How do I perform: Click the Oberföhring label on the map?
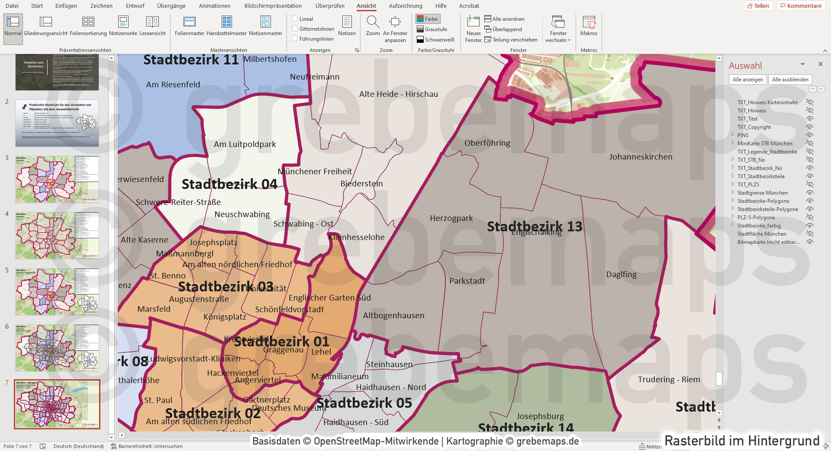[487, 143]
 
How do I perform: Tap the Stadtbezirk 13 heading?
[535, 226]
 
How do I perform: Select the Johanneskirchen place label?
[641, 157]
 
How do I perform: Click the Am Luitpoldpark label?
[245, 144]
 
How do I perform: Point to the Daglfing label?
[621, 275]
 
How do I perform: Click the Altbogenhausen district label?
[393, 316]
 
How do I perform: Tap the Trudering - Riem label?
[669, 380]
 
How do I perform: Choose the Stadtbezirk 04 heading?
[229, 184]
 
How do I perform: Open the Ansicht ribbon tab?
[366, 6]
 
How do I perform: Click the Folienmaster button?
[190, 26]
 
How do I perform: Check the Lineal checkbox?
[295, 19]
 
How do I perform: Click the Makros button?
[589, 26]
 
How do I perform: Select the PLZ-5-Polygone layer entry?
[756, 218]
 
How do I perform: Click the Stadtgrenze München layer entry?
[762, 193]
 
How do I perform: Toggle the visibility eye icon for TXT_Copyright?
[810, 127]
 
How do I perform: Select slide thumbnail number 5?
[57, 292]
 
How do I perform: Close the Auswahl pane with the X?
[820, 64]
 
